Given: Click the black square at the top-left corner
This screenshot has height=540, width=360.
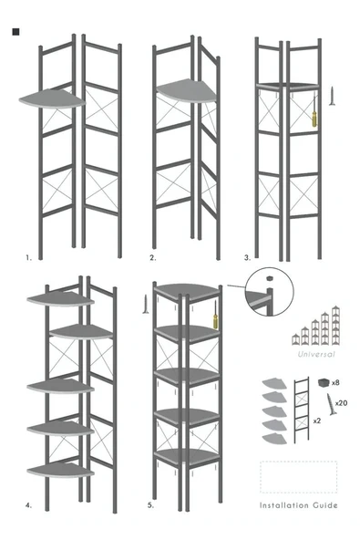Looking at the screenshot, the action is click(x=15, y=32).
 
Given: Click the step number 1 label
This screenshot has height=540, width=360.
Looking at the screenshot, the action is click(x=28, y=257).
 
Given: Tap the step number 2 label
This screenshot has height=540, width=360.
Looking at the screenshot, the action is click(x=153, y=257).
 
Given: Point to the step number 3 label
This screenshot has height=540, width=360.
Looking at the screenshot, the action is click(x=248, y=257).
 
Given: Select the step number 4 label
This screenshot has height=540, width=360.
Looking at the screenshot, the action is click(x=28, y=505).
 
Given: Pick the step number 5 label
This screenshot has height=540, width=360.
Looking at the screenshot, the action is click(x=150, y=505).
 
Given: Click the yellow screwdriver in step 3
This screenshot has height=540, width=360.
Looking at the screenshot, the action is click(x=314, y=111).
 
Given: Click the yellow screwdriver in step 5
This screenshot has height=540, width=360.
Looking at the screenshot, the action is click(x=215, y=315).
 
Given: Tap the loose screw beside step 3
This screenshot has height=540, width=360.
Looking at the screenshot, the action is click(x=332, y=96).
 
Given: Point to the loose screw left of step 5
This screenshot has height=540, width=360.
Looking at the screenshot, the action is click(x=146, y=304).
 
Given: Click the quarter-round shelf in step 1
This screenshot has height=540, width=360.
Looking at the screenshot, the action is click(x=52, y=99).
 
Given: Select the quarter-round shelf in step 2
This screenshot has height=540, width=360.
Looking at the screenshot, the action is click(x=186, y=90).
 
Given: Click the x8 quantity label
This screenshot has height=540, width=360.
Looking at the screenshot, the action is click(x=335, y=382).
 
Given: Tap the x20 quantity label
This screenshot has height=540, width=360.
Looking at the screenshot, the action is click(x=341, y=402).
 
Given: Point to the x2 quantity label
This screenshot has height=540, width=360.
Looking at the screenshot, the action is click(x=317, y=421).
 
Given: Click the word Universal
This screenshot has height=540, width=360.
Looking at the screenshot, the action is click(x=316, y=354).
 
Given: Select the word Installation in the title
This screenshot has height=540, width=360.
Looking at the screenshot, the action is click(x=284, y=505).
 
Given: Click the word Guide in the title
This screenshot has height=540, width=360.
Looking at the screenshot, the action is click(x=325, y=505).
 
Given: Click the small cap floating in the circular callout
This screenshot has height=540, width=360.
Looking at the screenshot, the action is click(x=270, y=277).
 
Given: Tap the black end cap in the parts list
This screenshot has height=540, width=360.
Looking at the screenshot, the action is click(x=324, y=382).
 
